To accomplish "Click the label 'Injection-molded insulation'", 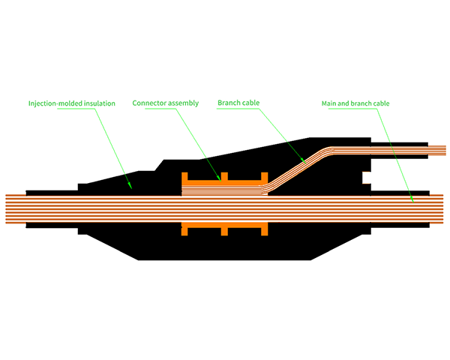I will pos(72,103).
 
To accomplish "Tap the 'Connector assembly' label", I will pos(166,103).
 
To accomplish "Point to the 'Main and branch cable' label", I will pos(355,103).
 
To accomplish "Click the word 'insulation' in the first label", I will pos(99,103).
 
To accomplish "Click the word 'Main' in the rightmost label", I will pos(329,103).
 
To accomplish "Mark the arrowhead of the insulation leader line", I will pos(131,185).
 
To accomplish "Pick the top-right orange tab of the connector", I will pos(263,177).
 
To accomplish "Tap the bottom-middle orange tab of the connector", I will pos(223,231).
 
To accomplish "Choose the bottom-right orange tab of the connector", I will pos(263,231).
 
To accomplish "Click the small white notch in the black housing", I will pos(367,178).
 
